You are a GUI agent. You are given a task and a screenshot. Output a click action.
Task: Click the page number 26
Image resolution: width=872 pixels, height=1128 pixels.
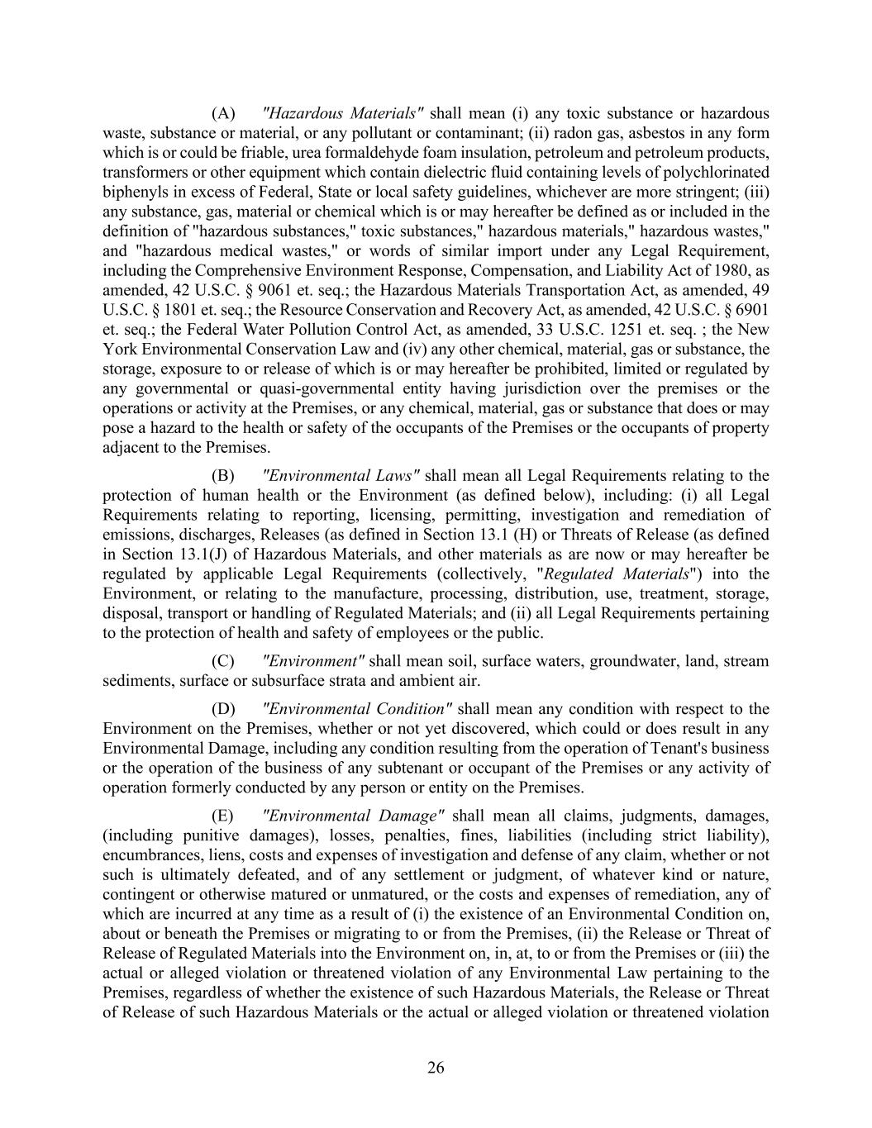pyautogui.click(x=436, y=1069)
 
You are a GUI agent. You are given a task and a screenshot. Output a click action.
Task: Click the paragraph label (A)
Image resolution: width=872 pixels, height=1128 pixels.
pyautogui.click(x=223, y=113)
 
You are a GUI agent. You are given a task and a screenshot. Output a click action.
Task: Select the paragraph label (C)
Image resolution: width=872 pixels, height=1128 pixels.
pyautogui.click(x=223, y=661)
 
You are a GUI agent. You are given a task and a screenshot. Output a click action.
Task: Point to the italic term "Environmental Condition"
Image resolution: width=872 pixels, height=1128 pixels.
pyautogui.click(x=356, y=709)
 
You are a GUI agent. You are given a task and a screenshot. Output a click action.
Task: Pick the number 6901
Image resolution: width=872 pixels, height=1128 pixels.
pyautogui.click(x=752, y=310)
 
